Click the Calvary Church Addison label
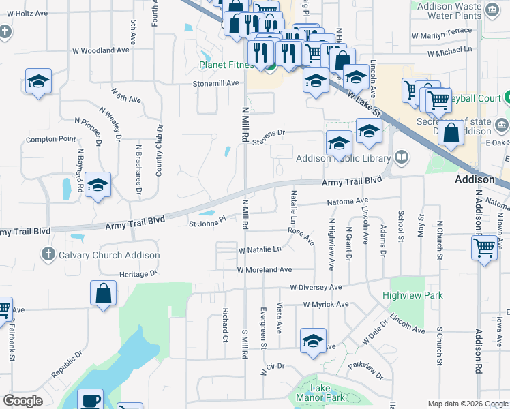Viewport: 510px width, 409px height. pos(104,255)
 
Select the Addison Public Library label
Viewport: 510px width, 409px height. pos(343,158)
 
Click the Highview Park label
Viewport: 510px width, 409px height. pos(412,295)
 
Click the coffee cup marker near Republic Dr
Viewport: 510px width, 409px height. pos(90,400)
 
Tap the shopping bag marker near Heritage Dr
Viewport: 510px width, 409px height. pos(103,294)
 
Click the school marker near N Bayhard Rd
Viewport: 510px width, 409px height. pos(97,185)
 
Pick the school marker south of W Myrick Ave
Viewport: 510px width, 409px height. pos(313,341)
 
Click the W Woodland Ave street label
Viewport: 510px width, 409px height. pos(101,50)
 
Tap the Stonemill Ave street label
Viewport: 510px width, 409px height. pos(216,83)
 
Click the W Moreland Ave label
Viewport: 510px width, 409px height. pos(265,270)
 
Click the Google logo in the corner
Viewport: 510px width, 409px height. pos(22,401)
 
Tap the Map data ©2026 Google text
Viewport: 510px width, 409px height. pos(468,404)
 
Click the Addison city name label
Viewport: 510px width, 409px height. pos(475,179)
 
